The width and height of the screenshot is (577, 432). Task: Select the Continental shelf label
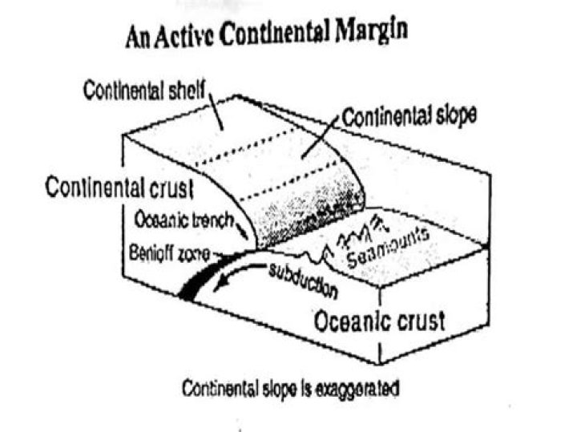pyautogui.click(x=143, y=90)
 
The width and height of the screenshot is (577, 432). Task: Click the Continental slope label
pyautogui.click(x=410, y=117)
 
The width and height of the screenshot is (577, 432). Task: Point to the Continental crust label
pyautogui.click(x=119, y=188)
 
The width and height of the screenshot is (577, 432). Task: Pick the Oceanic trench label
pyautogui.click(x=184, y=220)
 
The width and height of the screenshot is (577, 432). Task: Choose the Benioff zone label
pyautogui.click(x=169, y=253)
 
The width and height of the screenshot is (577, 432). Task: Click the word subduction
pyautogui.click(x=303, y=281)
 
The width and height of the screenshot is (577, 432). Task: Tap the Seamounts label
pyautogui.click(x=388, y=248)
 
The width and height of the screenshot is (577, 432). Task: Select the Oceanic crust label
pyautogui.click(x=379, y=321)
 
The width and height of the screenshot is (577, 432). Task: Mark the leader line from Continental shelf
pyautogui.click(x=216, y=112)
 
